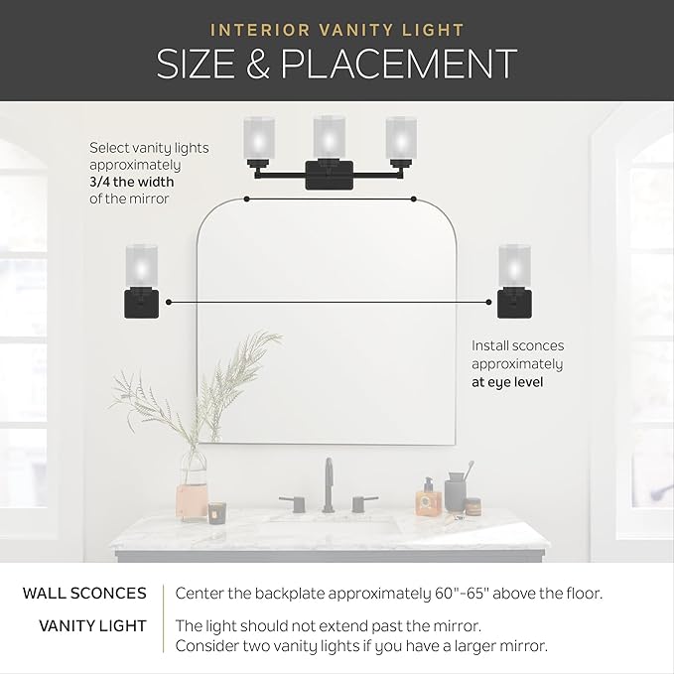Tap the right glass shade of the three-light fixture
tap(400, 138)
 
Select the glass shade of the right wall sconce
tap(513, 263)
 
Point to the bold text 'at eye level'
tap(506, 380)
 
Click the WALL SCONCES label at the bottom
tap(84, 594)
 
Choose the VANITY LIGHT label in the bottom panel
tap(93, 625)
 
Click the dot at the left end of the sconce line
tap(170, 299)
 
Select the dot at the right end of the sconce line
tap(489, 299)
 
